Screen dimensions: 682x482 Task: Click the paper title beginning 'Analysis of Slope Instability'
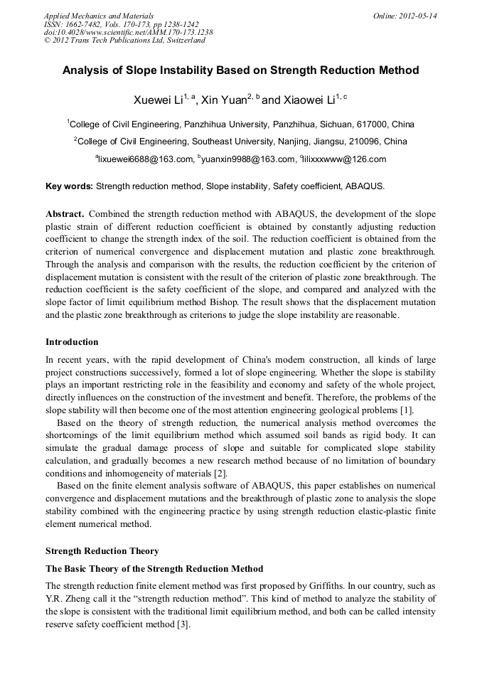(x=240, y=70)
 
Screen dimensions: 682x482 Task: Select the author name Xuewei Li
(x=157, y=100)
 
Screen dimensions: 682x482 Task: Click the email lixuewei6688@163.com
(x=145, y=159)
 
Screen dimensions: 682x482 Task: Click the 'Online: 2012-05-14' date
(x=405, y=15)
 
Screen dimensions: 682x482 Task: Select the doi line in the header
(x=128, y=32)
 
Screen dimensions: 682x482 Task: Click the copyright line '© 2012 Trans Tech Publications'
(x=124, y=41)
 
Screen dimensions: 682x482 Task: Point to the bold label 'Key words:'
(x=69, y=186)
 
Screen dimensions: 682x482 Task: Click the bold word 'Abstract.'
(x=65, y=213)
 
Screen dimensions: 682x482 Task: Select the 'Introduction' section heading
(x=72, y=341)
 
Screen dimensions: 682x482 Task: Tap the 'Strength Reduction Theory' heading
(x=102, y=550)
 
